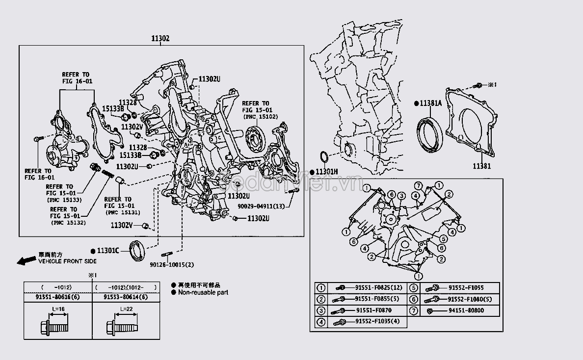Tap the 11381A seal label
coord(430,103)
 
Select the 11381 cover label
coord(482,166)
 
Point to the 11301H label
coord(326,172)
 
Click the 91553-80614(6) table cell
coord(126,297)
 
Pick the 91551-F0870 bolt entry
coord(374,310)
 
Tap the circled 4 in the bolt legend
coord(320,322)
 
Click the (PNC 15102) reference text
coord(260,117)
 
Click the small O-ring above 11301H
coord(324,157)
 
